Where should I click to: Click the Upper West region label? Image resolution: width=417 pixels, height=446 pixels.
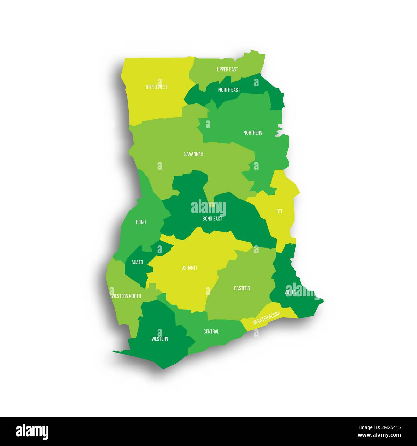pyautogui.click(x=156, y=87)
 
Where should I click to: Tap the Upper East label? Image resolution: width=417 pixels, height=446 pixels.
pyautogui.click(x=227, y=69)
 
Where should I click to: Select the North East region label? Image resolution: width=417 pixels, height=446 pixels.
pyautogui.click(x=229, y=90)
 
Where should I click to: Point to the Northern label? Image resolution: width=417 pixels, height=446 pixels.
pyautogui.click(x=253, y=133)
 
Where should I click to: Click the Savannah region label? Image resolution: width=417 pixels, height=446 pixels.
pyautogui.click(x=193, y=154)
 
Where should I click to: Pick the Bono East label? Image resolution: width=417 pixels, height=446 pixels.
pyautogui.click(x=212, y=219)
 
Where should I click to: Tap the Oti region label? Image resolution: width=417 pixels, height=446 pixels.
pyautogui.click(x=279, y=211)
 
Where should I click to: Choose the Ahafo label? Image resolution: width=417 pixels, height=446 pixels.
pyautogui.click(x=137, y=262)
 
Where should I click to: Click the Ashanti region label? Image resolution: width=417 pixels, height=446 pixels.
pyautogui.click(x=189, y=268)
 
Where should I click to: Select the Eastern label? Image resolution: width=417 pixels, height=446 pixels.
pyautogui.click(x=242, y=288)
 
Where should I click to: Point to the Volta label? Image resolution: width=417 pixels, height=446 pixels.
pyautogui.click(x=290, y=292)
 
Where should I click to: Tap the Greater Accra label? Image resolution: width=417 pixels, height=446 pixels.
pyautogui.click(x=267, y=318)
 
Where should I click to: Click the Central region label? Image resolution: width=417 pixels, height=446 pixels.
pyautogui.click(x=211, y=331)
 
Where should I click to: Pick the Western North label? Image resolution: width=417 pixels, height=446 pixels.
pyautogui.click(x=126, y=296)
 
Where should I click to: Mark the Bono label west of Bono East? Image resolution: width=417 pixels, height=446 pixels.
pyautogui.click(x=141, y=222)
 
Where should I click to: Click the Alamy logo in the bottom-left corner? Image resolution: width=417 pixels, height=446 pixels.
pyautogui.click(x=32, y=432)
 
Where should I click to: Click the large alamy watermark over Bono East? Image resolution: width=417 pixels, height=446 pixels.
pyautogui.click(x=208, y=208)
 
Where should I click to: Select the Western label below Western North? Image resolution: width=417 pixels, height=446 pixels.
pyautogui.click(x=160, y=339)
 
